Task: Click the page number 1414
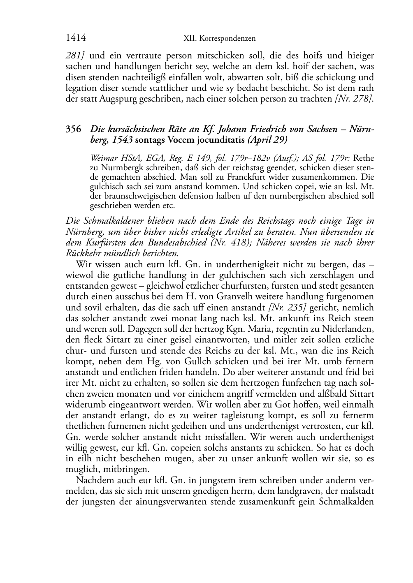tap(76, 38)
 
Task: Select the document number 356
tap(73, 129)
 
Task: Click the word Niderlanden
tap(349, 329)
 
